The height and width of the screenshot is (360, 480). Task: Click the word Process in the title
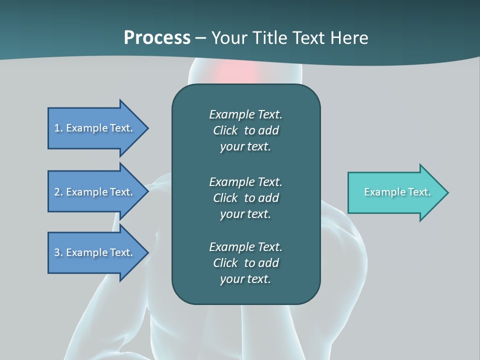coord(157,38)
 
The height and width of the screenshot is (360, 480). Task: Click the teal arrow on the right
coord(395,192)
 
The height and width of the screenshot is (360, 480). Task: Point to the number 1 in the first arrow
coord(57,128)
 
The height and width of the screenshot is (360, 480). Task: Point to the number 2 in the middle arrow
coord(57,192)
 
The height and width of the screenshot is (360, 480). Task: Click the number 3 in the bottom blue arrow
coord(57,252)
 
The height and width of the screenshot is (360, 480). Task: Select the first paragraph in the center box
coord(245,130)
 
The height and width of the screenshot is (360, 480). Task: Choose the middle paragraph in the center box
coord(245,197)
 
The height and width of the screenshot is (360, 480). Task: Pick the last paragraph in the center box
coord(245,263)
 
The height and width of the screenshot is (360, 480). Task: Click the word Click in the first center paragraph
coord(225,130)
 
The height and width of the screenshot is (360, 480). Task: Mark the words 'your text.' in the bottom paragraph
coord(245,279)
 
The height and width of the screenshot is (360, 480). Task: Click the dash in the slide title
coord(201,38)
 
